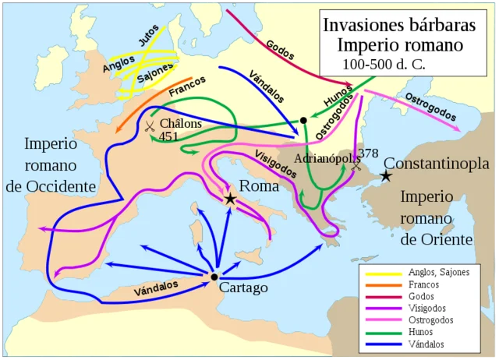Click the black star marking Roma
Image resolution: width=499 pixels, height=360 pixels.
(x=230, y=199)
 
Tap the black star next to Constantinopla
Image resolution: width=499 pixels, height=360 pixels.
(x=385, y=177)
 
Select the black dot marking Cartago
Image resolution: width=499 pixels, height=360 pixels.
(x=214, y=277)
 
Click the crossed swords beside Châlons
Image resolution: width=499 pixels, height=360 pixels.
(x=149, y=125)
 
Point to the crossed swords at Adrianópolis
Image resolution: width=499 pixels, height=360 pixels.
(x=357, y=166)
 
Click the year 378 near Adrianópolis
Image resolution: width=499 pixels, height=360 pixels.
(x=368, y=153)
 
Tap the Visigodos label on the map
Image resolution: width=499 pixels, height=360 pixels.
(x=275, y=162)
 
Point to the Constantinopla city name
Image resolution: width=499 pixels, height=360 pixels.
(x=437, y=164)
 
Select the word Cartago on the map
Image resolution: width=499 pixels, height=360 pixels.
(x=244, y=288)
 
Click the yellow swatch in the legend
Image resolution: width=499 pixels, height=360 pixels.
(x=382, y=272)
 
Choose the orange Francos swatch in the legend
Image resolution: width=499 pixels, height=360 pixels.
(x=382, y=284)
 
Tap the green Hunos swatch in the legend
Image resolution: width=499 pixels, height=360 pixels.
(x=382, y=331)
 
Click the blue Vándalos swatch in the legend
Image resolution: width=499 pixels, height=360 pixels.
(x=382, y=343)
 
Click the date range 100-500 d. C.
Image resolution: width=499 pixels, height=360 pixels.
(x=382, y=63)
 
